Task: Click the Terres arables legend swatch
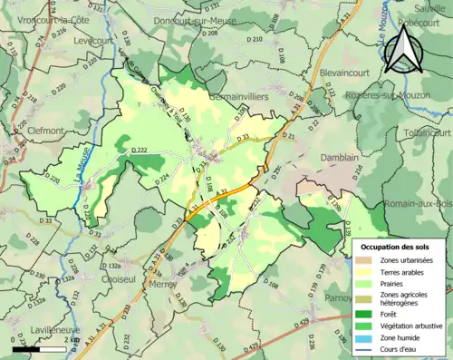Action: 367,271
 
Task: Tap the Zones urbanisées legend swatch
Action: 367,259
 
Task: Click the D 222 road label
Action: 140,150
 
